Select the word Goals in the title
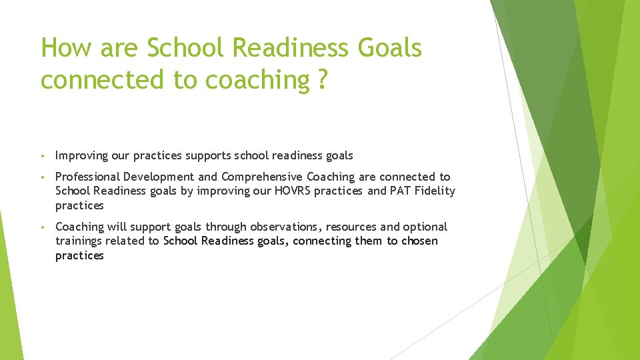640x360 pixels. (x=389, y=48)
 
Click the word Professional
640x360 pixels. (x=87, y=177)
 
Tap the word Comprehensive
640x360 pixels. (x=262, y=177)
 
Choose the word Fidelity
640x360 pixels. (x=435, y=191)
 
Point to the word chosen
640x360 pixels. (x=418, y=241)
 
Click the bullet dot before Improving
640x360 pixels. (x=42, y=156)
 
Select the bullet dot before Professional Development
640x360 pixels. (x=42, y=177)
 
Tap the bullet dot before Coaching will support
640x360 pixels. (x=42, y=227)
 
